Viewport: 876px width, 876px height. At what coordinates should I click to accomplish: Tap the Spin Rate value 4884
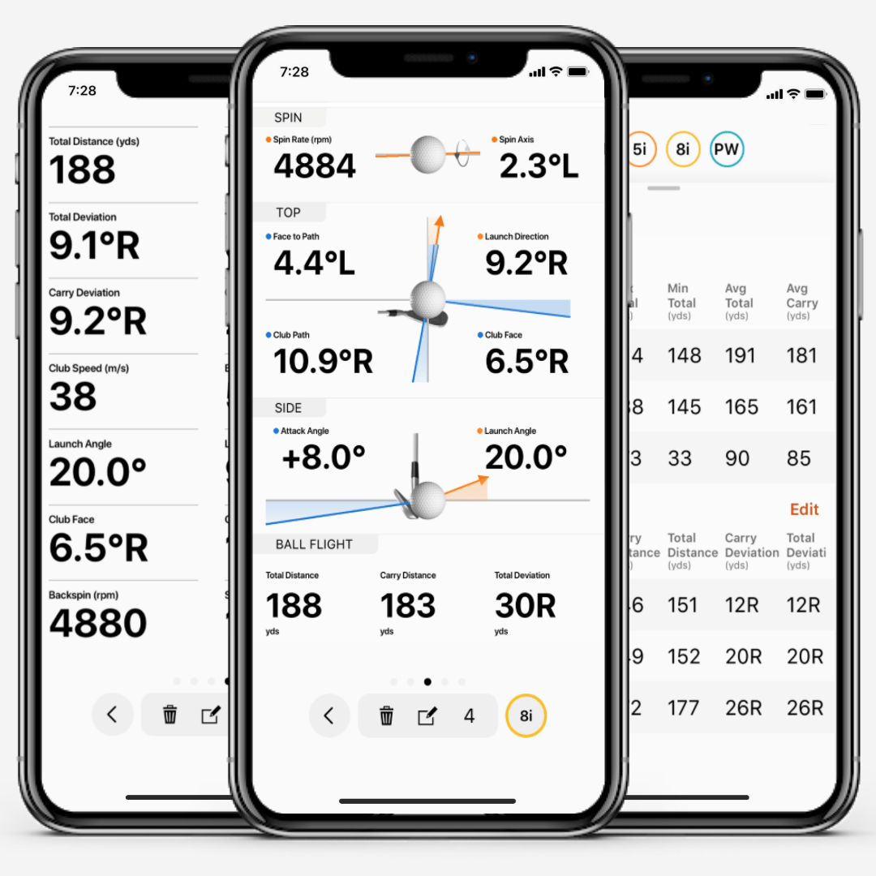[315, 166]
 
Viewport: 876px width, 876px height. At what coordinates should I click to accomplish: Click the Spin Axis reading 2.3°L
[539, 166]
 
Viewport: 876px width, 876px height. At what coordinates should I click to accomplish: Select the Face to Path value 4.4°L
[314, 264]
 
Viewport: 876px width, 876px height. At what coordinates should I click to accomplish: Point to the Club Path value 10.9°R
[323, 362]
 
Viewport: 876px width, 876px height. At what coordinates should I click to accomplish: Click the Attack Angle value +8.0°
[323, 457]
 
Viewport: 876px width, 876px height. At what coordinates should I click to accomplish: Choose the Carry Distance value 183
[408, 606]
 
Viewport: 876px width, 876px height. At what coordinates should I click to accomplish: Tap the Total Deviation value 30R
[525, 606]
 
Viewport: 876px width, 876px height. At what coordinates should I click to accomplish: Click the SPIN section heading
[288, 118]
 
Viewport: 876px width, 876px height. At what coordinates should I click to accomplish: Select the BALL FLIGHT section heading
[314, 544]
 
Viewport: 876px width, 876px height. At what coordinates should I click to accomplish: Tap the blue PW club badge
[726, 149]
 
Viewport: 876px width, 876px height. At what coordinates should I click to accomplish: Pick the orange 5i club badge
[639, 149]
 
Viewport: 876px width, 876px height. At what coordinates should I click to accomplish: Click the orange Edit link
[804, 509]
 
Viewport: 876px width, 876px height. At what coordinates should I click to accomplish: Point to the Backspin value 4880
[98, 623]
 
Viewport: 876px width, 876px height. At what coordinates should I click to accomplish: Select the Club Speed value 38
[73, 397]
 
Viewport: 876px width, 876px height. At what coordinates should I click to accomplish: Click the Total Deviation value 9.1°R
[94, 246]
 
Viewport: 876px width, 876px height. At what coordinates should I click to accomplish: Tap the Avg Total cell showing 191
[739, 355]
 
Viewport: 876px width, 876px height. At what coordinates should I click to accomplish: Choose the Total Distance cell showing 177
[683, 708]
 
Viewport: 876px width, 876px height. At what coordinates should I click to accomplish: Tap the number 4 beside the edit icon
[469, 716]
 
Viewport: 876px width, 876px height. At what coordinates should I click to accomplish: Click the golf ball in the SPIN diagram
[428, 154]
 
